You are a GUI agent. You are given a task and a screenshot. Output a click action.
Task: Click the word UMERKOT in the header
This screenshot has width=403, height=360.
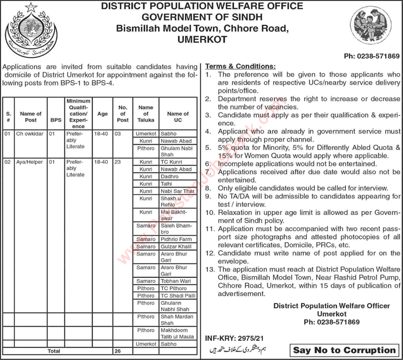click(x=202, y=39)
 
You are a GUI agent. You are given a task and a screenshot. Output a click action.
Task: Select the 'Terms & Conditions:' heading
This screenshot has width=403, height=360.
click(x=240, y=66)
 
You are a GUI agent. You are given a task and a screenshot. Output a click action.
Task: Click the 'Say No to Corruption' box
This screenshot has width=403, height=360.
click(x=344, y=350)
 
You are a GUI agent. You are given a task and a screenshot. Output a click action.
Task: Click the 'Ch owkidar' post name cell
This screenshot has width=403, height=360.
click(x=30, y=134)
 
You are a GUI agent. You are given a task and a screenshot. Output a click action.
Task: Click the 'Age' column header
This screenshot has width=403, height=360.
click(x=102, y=114)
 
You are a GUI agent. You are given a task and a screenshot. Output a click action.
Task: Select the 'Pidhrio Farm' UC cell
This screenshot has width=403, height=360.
click(x=176, y=239)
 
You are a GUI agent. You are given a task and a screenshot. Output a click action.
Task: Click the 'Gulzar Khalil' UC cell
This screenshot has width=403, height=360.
click(x=176, y=247)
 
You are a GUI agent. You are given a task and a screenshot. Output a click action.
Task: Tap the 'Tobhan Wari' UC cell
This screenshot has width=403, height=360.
click(x=175, y=281)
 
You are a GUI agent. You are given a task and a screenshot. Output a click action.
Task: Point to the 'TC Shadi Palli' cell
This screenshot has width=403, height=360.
click(x=176, y=295)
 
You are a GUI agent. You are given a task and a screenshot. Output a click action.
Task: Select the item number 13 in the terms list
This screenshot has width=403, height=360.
click(x=209, y=269)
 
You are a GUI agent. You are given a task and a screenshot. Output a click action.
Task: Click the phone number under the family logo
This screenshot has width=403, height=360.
click(x=372, y=57)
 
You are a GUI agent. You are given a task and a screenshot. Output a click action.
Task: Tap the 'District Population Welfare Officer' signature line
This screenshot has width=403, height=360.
click(x=331, y=306)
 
